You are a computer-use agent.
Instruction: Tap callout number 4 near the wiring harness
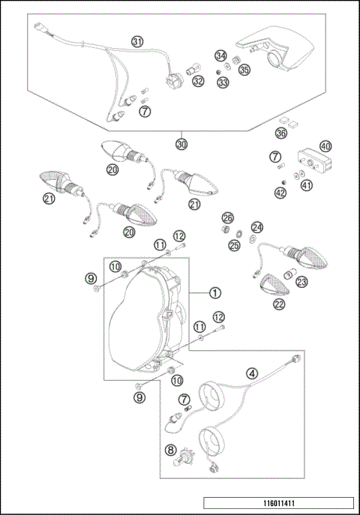[x=252, y=373]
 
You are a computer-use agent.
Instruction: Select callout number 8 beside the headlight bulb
[x=171, y=451]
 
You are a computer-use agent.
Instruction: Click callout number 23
[x=301, y=282]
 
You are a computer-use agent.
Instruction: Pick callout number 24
[x=257, y=227]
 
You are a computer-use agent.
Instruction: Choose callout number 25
[x=234, y=245]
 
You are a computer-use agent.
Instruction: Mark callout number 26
[x=228, y=217]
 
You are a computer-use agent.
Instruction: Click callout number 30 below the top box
[x=181, y=144]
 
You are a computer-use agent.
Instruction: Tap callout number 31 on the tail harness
[x=137, y=41]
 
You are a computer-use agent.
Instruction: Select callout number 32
[x=197, y=80]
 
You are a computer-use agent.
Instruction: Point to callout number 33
[x=223, y=82]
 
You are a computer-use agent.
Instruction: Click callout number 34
[x=220, y=56]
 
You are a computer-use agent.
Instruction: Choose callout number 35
[x=244, y=70]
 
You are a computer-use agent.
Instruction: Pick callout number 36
[x=281, y=133]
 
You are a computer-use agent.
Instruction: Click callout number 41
[x=306, y=185]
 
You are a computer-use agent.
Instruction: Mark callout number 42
[x=280, y=193]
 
